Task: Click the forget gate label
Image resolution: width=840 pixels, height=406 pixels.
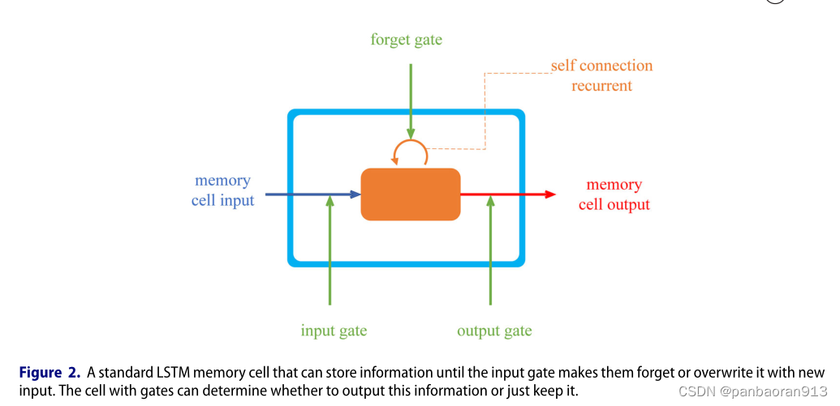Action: (x=406, y=39)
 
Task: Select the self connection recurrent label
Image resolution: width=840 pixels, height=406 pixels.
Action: (x=601, y=75)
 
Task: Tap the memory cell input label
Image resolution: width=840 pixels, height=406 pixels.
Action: (x=222, y=190)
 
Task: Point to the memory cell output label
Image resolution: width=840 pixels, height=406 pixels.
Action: (x=614, y=194)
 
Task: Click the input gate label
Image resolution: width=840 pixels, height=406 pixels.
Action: (x=334, y=331)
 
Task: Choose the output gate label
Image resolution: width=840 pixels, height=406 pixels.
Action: (x=494, y=331)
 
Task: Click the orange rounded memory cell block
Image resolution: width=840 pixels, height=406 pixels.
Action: (x=411, y=194)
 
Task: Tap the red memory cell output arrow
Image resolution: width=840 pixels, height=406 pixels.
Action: (x=503, y=194)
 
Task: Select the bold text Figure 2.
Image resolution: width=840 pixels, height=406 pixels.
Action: (x=51, y=373)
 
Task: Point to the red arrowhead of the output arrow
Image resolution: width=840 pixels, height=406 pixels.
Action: (x=550, y=194)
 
